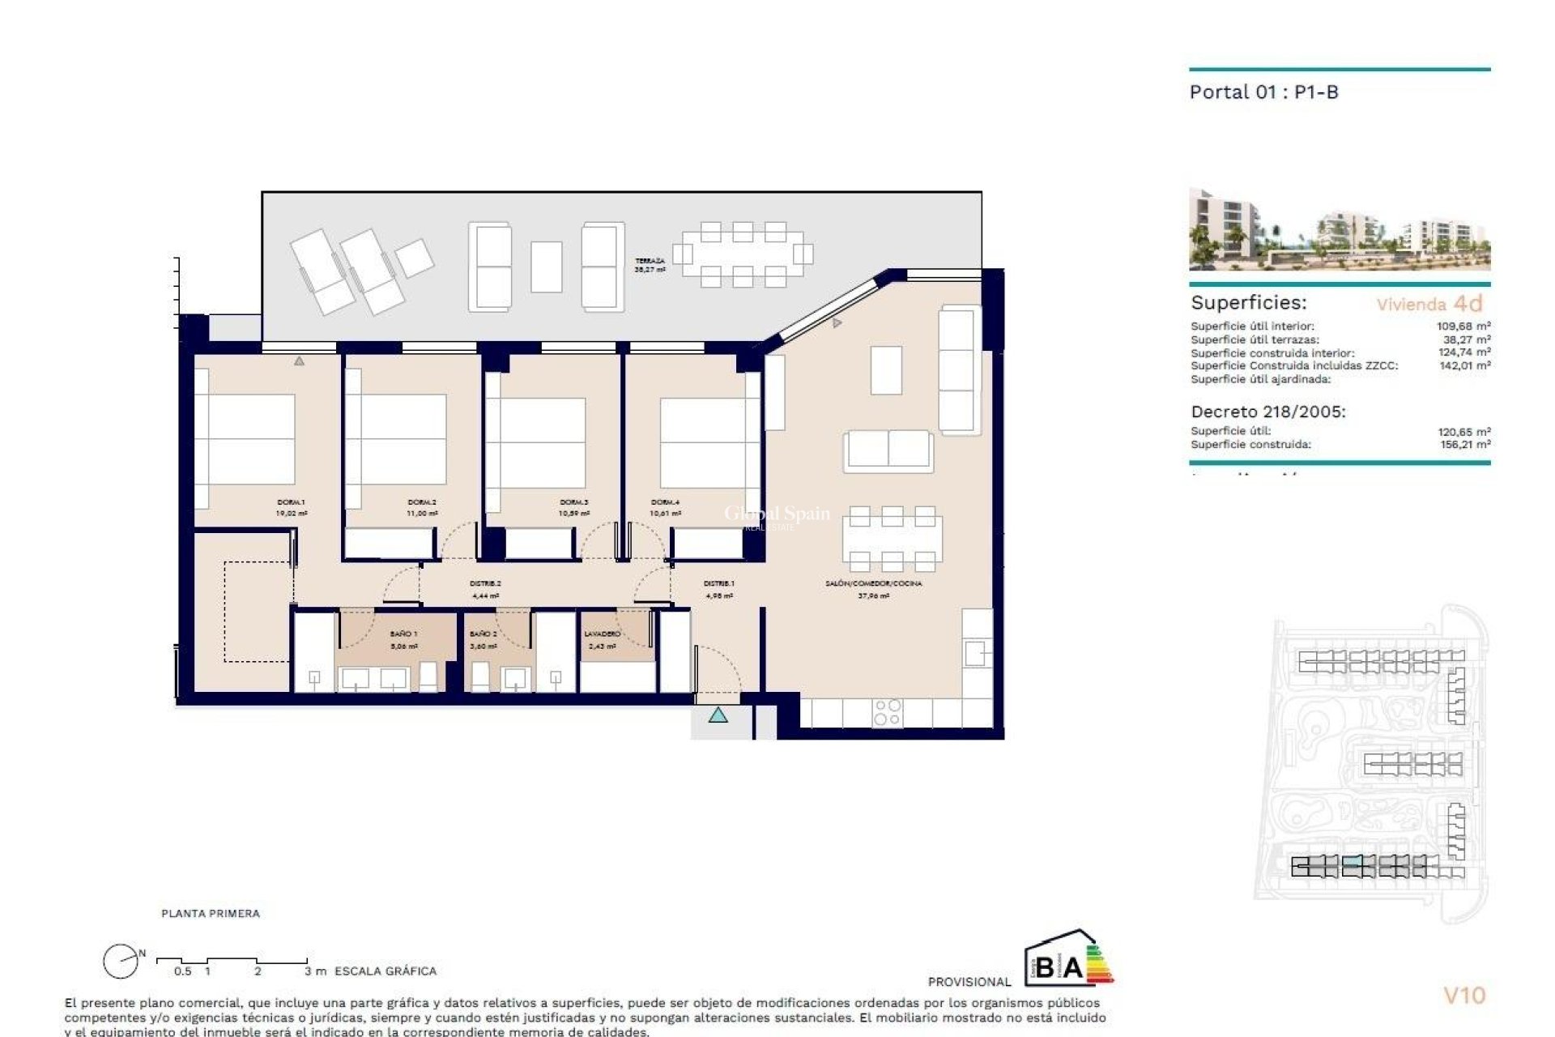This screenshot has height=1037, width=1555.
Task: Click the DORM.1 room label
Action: [x=291, y=502]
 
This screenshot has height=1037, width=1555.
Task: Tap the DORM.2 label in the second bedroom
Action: [x=422, y=502]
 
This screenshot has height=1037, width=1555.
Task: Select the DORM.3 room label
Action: [x=573, y=502]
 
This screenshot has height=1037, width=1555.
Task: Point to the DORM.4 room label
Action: [x=665, y=502]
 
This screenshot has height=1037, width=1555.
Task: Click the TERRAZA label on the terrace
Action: [x=650, y=261]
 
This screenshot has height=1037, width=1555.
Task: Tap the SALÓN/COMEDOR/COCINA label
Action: [x=873, y=583]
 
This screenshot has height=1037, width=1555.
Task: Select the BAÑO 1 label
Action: [x=403, y=634]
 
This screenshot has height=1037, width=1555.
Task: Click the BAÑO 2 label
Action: [x=483, y=634]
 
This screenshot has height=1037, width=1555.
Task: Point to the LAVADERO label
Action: [x=602, y=634]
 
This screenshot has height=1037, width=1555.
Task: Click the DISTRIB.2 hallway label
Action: [x=485, y=583]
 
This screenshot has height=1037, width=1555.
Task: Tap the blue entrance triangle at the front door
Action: [x=718, y=715]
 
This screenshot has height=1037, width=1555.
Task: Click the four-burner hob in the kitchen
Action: [x=887, y=712]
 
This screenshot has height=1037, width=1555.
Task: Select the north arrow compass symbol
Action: [x=121, y=962]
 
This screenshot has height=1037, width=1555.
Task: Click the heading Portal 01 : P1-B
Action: [x=1263, y=92]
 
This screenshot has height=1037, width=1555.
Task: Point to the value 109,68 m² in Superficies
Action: [x=1463, y=326]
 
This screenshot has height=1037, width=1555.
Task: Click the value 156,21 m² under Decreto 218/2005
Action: [x=1463, y=445]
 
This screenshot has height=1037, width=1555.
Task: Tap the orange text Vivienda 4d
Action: [x=1429, y=304]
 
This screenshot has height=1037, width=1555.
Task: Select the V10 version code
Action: [x=1464, y=996]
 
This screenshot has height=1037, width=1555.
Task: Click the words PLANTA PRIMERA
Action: [x=211, y=914]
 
